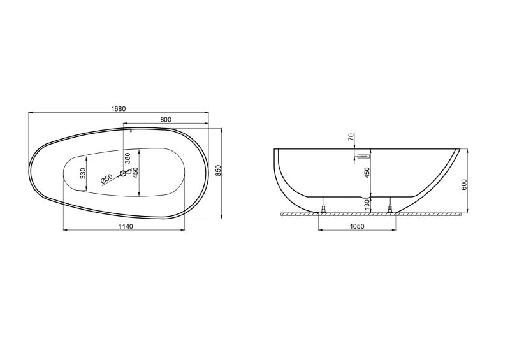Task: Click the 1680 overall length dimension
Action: pyautogui.click(x=119, y=109)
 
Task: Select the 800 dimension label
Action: pyautogui.click(x=166, y=120)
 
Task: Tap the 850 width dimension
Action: pyautogui.click(x=218, y=170)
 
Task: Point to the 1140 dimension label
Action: pyautogui.click(x=126, y=226)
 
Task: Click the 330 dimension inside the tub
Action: pyautogui.click(x=83, y=173)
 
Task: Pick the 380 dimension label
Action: pyautogui.click(x=127, y=158)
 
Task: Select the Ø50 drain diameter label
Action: pyautogui.click(x=106, y=179)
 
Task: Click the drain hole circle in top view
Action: pyautogui.click(x=123, y=174)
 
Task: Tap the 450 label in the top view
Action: pyautogui.click(x=135, y=173)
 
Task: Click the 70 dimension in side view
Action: pyautogui.click(x=351, y=137)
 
